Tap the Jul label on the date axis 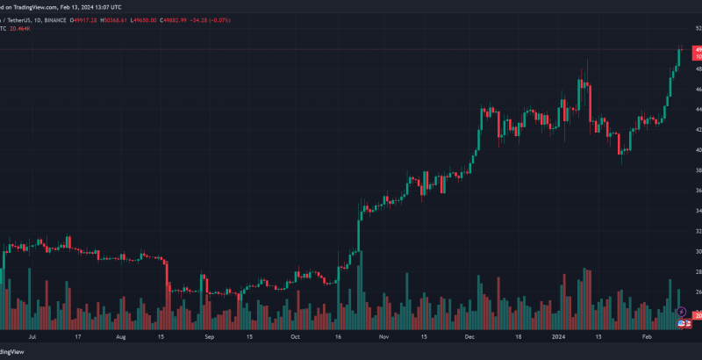tap(33, 335)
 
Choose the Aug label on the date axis tap(121, 335)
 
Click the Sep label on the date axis tap(209, 335)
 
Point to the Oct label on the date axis tap(295, 335)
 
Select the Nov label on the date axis tap(383, 335)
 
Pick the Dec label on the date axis tap(469, 335)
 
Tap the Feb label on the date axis tap(646, 335)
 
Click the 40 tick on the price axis tap(698, 150)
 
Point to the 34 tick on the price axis tap(698, 211)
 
